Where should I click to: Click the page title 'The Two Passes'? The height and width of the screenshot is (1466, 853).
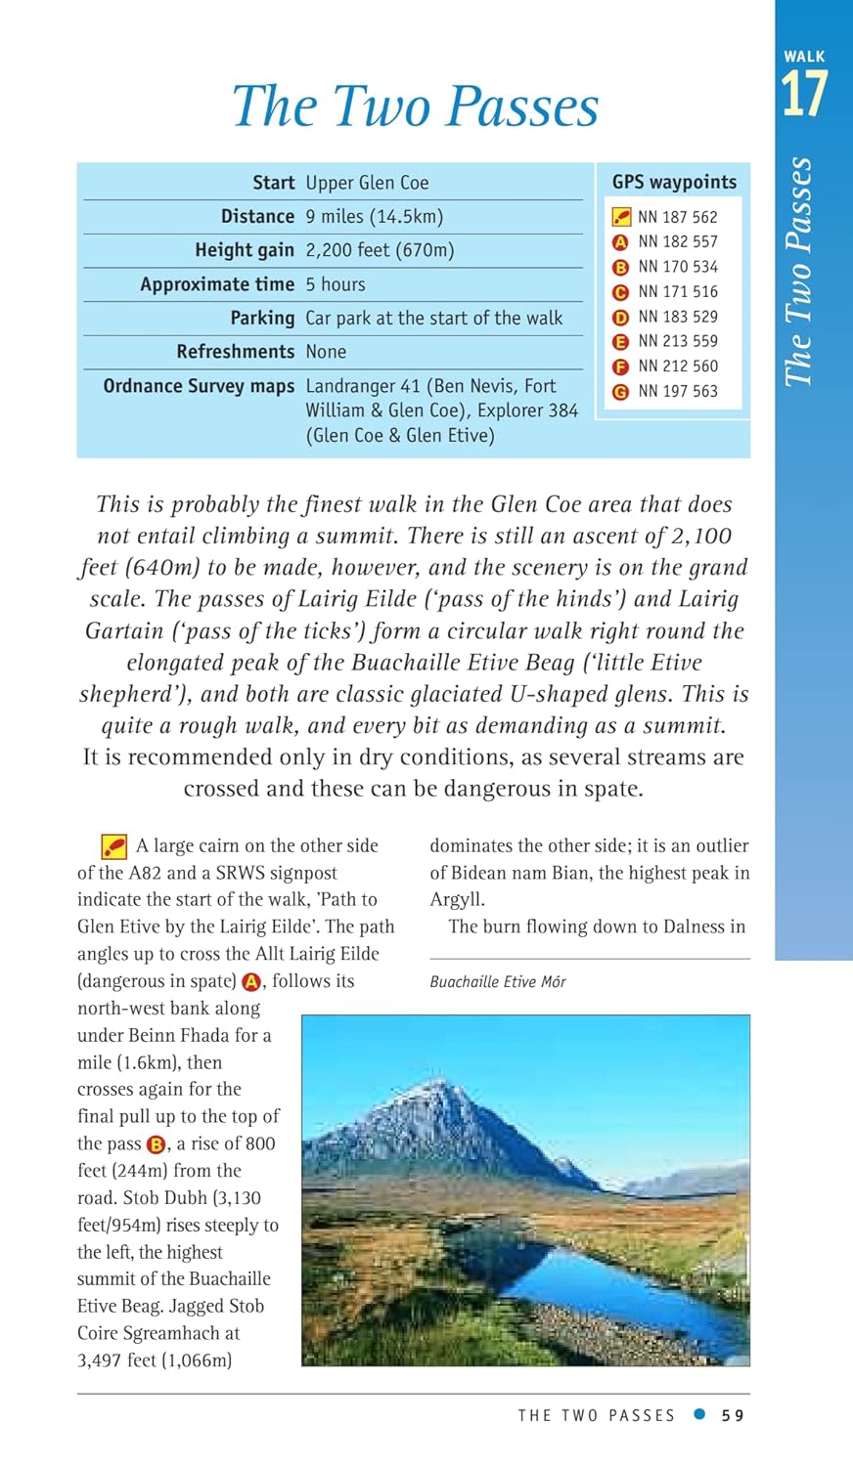click(415, 107)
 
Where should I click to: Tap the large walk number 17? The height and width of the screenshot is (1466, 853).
click(803, 95)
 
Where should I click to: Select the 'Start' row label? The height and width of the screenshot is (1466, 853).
click(273, 183)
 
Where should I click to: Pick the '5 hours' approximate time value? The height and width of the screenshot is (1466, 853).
click(336, 284)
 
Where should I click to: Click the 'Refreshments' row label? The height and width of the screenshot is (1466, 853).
click(235, 351)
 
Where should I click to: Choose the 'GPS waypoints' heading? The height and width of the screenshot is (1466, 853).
click(674, 182)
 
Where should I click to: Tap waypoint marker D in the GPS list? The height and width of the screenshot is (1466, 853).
click(620, 318)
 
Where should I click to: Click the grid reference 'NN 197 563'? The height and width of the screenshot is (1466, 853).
click(678, 391)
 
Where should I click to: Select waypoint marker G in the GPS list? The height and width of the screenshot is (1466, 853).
click(620, 392)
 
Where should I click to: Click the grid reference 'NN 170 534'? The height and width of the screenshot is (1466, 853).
click(678, 267)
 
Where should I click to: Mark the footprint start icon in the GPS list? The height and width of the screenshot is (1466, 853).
click(621, 217)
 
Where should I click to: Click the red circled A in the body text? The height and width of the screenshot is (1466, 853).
click(252, 982)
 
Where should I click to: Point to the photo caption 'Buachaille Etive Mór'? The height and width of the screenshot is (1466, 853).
click(498, 981)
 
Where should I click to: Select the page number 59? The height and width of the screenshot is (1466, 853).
click(733, 1415)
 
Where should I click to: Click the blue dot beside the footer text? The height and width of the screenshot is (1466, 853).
click(698, 1414)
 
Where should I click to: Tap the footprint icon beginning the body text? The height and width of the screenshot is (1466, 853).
click(114, 846)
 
